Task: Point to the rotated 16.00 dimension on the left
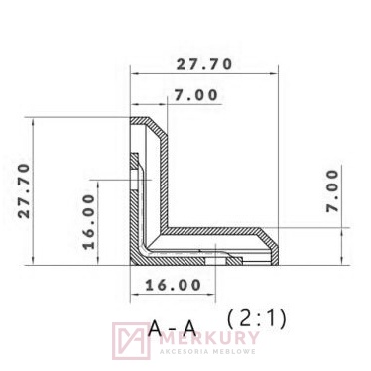tap(88, 219)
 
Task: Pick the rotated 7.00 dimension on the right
tap(332, 189)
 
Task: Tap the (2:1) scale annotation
tap(256, 319)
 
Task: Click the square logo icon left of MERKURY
tap(130, 341)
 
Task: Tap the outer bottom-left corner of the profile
tap(132, 266)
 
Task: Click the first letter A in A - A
tap(155, 326)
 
